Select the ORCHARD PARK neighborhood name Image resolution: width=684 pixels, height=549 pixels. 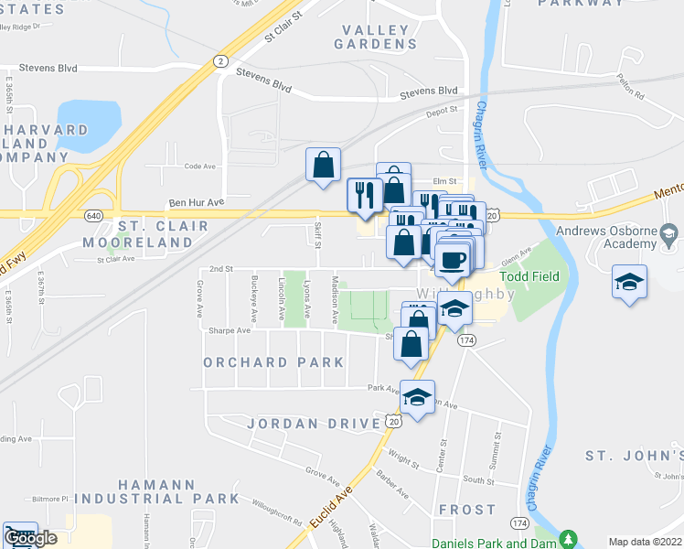pyautogui.click(x=274, y=362)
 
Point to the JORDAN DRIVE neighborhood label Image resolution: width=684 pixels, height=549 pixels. pyautogui.click(x=314, y=424)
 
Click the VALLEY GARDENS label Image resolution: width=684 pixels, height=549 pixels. pyautogui.click(x=376, y=37)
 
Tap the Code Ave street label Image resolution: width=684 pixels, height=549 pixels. pyautogui.click(x=198, y=167)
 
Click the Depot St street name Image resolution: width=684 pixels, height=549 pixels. pyautogui.click(x=441, y=113)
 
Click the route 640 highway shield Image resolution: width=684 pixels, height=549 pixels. pyautogui.click(x=93, y=215)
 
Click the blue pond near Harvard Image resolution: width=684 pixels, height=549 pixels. pyautogui.click(x=88, y=119)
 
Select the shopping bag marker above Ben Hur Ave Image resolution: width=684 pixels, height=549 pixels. pyautogui.click(x=323, y=166)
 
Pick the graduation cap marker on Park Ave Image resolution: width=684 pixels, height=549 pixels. pyautogui.click(x=417, y=398)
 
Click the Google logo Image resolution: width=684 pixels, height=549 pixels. pyautogui.click(x=30, y=539)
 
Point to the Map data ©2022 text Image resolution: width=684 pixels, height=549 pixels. pyautogui.click(x=646, y=542)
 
